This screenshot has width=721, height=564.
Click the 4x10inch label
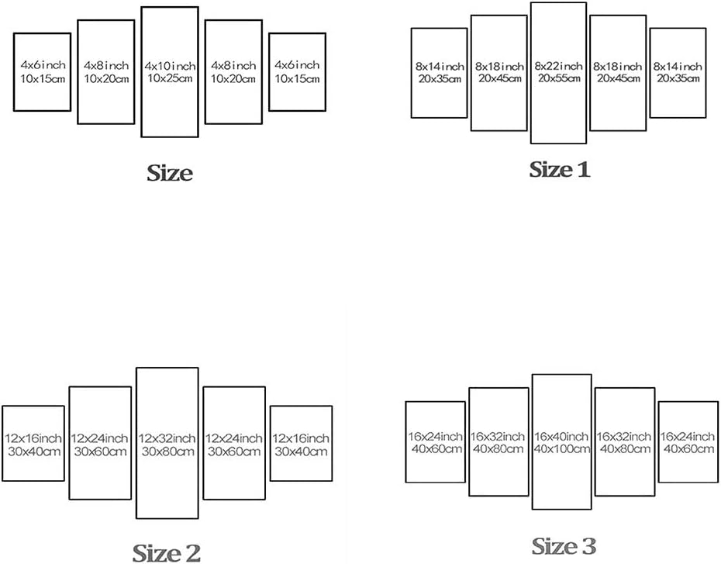tap(170, 66)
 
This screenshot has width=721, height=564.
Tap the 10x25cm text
tap(170, 78)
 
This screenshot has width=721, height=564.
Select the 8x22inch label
tap(558, 66)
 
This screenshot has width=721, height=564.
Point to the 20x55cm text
tap(559, 78)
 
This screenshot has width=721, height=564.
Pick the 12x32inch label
tap(167, 438)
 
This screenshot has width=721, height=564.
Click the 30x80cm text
tap(167, 452)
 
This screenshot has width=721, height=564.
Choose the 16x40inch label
tap(561, 436)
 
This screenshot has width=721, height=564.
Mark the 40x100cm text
tap(561, 448)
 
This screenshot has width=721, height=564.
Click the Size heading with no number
tap(170, 173)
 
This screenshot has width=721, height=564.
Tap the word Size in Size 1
tap(549, 169)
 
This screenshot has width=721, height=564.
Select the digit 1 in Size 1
tap(582, 170)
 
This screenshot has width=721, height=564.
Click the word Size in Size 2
tap(154, 552)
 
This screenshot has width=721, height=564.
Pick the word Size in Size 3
tap(552, 546)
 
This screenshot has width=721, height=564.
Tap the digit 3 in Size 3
tap(587, 547)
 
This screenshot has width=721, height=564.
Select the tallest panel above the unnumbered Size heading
tap(142, 72)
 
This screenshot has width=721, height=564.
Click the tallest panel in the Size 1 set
tap(531, 73)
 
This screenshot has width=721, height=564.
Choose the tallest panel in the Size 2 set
tap(136, 443)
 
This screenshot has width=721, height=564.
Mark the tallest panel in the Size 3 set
tap(533, 441)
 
